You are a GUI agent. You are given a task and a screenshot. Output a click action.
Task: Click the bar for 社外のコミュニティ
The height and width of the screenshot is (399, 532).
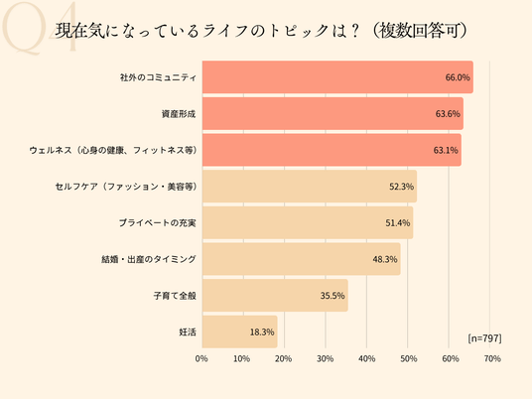click(337, 77)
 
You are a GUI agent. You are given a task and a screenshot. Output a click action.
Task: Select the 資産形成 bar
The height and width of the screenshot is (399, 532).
click(332, 114)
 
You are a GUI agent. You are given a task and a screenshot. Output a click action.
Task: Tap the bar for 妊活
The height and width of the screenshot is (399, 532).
click(240, 332)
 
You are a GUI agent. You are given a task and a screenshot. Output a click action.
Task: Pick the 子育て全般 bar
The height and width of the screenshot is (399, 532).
click(275, 296)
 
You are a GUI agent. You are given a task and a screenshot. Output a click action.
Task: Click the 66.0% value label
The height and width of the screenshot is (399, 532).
click(458, 77)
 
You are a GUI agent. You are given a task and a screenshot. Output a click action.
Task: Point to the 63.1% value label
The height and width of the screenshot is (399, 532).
click(446, 150)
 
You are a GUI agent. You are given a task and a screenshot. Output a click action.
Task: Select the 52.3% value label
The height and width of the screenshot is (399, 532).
click(401, 187)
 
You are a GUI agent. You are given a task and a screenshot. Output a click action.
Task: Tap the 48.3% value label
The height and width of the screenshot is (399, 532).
click(385, 259)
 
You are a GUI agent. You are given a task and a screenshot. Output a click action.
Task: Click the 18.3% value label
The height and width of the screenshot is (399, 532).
click(262, 332)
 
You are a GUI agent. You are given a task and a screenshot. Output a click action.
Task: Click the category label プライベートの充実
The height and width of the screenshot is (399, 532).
click(158, 223)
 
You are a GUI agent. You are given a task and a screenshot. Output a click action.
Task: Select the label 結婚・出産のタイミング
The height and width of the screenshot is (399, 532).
click(149, 259)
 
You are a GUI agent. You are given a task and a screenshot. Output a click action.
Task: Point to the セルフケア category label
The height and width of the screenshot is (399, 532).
click(126, 187)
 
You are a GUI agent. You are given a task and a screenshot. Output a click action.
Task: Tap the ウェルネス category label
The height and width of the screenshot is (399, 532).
click(113, 150)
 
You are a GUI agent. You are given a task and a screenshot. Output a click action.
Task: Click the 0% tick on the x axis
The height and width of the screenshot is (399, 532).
click(201, 358)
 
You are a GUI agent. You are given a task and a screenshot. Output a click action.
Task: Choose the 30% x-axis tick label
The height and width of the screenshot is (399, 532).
click(325, 358)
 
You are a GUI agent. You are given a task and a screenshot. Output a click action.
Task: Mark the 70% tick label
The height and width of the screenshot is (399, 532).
click(492, 358)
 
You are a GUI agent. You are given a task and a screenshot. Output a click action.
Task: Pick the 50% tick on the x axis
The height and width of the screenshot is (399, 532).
click(409, 358)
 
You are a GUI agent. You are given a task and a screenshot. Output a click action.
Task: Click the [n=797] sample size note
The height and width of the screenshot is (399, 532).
click(484, 338)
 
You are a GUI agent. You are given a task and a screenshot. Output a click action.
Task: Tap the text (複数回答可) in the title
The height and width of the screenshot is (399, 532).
click(420, 31)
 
